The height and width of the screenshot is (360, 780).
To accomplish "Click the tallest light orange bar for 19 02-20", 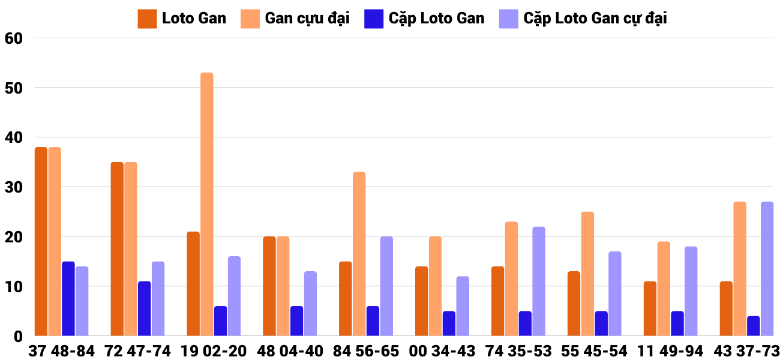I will coord(206,204).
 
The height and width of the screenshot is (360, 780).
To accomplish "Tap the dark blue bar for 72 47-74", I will coord(144,308).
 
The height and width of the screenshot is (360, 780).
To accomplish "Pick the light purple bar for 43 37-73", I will coord(767,269).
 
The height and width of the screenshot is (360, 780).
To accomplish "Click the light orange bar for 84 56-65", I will coord(359,254).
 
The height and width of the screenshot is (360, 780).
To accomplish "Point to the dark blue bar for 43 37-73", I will coord(753,326).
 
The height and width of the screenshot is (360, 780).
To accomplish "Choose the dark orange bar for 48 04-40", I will coord(269,286).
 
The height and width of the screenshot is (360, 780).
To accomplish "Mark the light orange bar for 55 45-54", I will coord(587,274).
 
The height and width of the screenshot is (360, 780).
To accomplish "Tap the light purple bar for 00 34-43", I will coord(462,306).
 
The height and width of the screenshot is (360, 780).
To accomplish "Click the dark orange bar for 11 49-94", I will coord(650,308).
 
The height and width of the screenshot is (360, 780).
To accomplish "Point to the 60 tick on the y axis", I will coord(13,38).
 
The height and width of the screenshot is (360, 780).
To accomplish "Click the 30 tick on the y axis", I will coord(13,187).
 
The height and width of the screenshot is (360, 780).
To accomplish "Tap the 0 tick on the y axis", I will coord(17,337).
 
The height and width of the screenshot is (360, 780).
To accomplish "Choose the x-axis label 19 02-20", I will coord(213,351).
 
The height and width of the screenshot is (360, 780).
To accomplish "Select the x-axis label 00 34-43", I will coord(442,351).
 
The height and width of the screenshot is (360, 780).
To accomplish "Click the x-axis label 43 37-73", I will coord(746,351).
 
